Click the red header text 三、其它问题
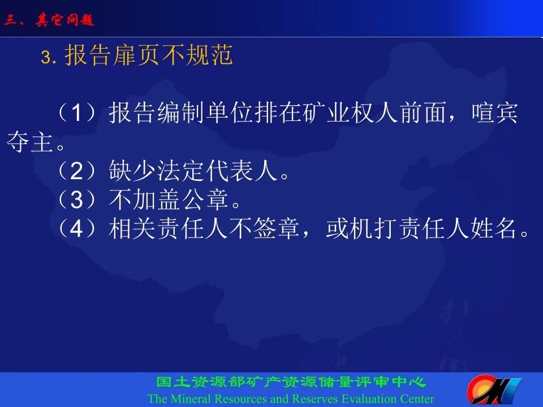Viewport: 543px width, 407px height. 49,20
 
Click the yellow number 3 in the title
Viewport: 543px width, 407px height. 46,57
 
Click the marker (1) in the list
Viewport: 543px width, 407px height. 76,112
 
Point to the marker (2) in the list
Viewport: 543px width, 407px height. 76,171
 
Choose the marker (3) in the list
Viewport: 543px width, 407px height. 76,200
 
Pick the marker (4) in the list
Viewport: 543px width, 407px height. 76,229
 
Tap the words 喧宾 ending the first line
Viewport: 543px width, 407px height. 494,112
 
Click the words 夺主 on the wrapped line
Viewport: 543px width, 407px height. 29,141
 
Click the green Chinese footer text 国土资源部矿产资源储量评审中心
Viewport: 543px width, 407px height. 291,382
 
